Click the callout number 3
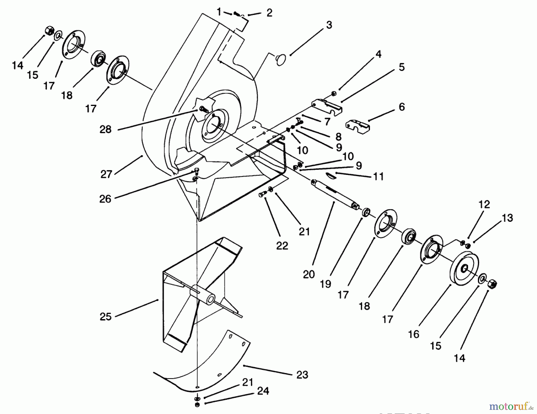pos(329,25)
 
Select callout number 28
pos(105,129)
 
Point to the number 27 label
pos(106,174)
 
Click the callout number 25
pos(105,316)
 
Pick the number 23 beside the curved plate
pos(302,375)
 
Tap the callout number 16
pos(413,334)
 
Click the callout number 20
pos(309,274)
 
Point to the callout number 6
pos(402,107)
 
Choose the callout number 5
pos(402,67)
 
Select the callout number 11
pos(378,176)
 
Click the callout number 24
pos(263,391)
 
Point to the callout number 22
pos(282,246)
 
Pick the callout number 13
pos(507,218)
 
